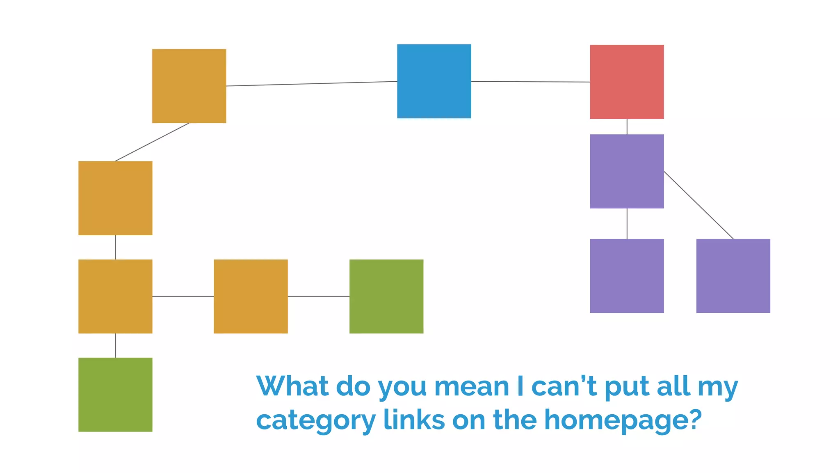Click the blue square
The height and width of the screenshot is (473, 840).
(x=434, y=81)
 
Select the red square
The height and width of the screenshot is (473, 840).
(x=627, y=82)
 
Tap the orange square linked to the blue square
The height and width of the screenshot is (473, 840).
(x=189, y=86)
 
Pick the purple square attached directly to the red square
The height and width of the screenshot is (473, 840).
(x=627, y=171)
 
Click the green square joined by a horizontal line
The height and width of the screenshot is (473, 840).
(x=386, y=296)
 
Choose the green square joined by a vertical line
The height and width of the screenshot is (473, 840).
(x=115, y=395)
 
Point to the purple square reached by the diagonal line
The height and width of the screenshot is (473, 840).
(x=733, y=276)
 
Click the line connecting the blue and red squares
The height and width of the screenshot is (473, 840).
(x=530, y=82)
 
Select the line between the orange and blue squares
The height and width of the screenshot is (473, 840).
(x=312, y=84)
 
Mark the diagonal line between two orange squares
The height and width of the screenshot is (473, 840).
(x=152, y=142)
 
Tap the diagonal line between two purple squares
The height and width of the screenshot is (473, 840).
(x=698, y=205)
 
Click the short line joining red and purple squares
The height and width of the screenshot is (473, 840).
(x=627, y=126)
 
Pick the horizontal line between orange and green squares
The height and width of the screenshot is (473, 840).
(x=318, y=296)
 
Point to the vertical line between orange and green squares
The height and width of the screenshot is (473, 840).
(x=115, y=345)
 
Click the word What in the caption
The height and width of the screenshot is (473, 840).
(x=292, y=386)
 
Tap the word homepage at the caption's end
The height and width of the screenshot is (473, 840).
(x=622, y=420)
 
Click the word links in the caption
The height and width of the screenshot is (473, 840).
(x=414, y=420)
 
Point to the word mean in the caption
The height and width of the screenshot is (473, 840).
(x=472, y=386)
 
